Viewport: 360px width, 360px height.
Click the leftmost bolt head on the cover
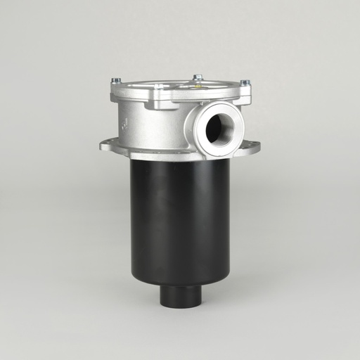pos(116,81)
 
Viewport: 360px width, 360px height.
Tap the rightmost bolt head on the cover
pos(245,83)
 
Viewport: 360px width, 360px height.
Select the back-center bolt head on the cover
pos(198,77)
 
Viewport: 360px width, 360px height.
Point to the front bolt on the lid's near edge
pos(159,87)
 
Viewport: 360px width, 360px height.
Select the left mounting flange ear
pos(110,146)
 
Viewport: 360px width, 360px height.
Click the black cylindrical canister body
pos(180,218)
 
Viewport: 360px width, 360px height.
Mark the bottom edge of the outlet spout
pos(180,305)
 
